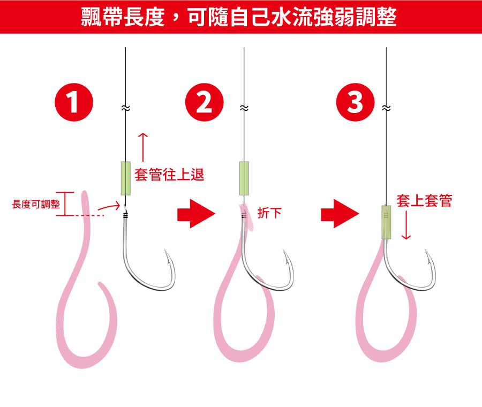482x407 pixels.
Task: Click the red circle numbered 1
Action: coord(74,102)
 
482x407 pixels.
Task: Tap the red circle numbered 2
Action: coord(204,102)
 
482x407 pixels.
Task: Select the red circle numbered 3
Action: coord(355,102)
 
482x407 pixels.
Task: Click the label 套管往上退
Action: coord(169,175)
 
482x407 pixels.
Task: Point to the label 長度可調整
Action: coord(36,204)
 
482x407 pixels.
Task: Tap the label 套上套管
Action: coord(424,201)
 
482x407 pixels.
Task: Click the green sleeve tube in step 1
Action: coord(126,177)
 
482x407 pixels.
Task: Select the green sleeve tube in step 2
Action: coord(244,177)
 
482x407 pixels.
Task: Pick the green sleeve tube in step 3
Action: coord(387,222)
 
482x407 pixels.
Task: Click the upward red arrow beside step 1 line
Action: coord(142,145)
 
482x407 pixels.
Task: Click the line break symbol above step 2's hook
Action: coord(244,108)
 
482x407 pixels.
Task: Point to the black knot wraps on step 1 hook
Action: coord(126,216)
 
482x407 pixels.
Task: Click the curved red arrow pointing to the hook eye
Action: coord(110,206)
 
